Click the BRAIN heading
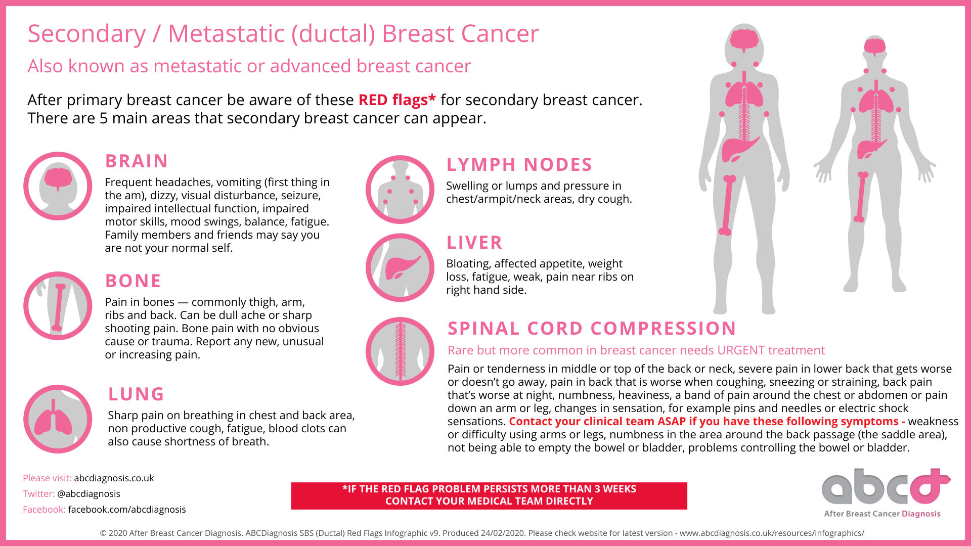[137, 161]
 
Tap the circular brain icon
[58, 186]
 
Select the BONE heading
[133, 281]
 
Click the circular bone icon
[58, 306]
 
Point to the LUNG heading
[136, 394]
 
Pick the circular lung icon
[58, 419]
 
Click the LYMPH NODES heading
[519, 164]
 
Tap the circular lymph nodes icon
[400, 190]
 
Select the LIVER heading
[474, 242]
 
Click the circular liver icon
[400, 267]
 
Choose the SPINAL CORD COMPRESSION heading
[592, 328]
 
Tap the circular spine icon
[400, 351]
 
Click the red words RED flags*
[397, 100]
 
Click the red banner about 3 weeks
[489, 495]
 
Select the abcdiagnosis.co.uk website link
[114, 478]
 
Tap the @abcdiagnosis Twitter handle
[89, 493]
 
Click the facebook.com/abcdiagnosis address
[127, 509]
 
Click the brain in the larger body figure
[744, 40]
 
